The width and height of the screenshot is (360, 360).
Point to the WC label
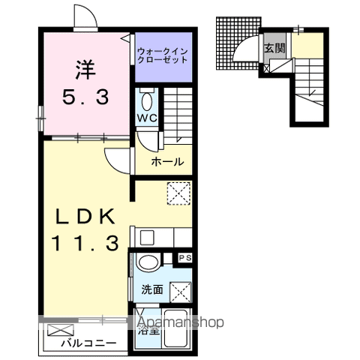pyautogui.click(x=146, y=118)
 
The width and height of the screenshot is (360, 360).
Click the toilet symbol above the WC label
pyautogui.click(x=146, y=100)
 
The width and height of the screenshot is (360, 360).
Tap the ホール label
pyautogui.click(x=166, y=161)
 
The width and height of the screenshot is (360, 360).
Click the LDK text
pyautogui.click(x=84, y=216)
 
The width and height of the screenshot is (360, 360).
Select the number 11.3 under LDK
pyautogui.click(x=84, y=244)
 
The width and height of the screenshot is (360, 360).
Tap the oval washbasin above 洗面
pyautogui.click(x=148, y=262)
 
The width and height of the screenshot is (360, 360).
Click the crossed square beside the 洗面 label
pyautogui.click(x=178, y=289)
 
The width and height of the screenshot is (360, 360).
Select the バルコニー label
pyautogui.click(x=88, y=343)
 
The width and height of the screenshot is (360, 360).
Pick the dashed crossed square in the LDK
pyautogui.click(x=178, y=193)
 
